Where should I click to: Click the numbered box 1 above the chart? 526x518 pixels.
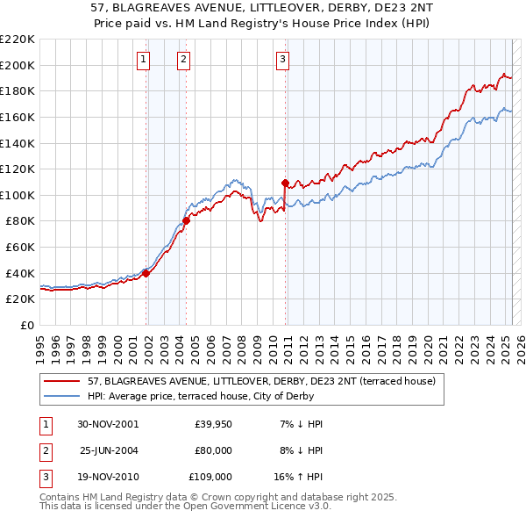(143, 60)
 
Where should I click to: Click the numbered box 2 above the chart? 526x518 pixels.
(183, 60)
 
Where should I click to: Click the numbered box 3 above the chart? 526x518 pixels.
(283, 60)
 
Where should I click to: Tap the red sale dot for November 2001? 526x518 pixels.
(146, 273)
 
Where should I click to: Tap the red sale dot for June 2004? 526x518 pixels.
(186, 220)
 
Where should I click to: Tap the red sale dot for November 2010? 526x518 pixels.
(285, 183)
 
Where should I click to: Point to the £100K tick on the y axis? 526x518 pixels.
(18, 195)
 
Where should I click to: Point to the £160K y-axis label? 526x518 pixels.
(18, 117)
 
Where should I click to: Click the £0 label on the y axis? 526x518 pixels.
(28, 325)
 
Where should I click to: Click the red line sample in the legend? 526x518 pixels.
(62, 381)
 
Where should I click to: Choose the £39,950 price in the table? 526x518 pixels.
(213, 424)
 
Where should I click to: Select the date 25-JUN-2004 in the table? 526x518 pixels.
(109, 450)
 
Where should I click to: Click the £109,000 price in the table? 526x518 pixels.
(210, 477)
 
